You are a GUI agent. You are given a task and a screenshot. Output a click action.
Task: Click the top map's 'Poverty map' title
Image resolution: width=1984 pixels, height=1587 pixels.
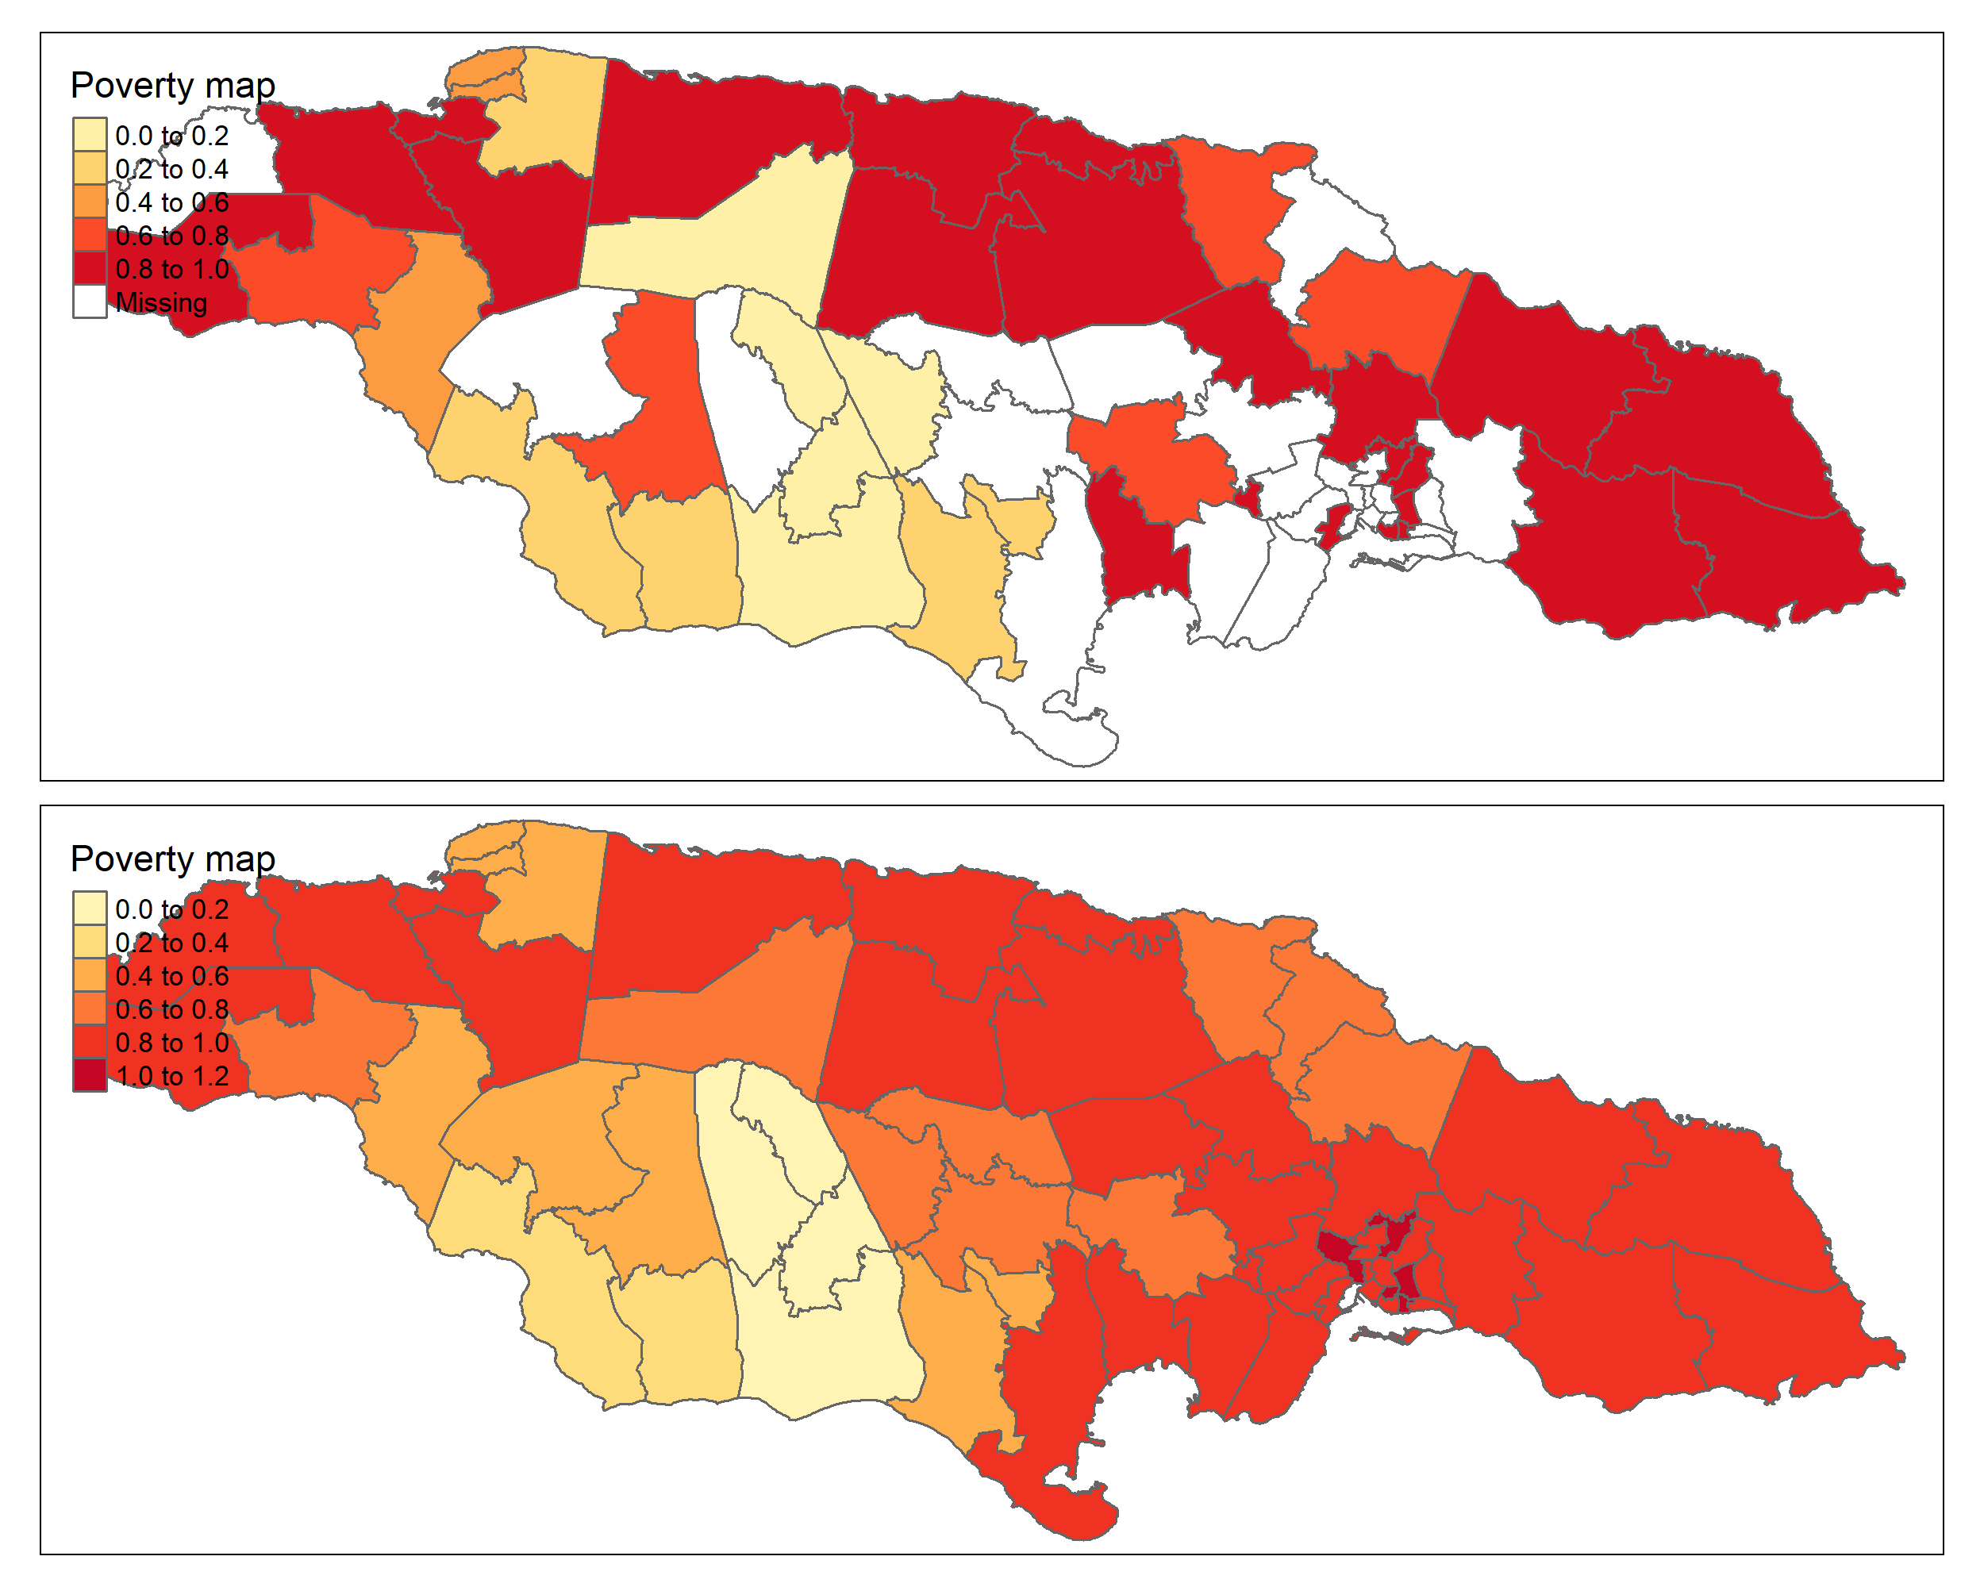point(172,85)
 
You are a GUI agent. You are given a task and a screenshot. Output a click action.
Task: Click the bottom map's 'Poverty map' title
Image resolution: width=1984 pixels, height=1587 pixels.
point(172,859)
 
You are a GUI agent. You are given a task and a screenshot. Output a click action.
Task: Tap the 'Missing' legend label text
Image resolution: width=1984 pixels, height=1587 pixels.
point(161,302)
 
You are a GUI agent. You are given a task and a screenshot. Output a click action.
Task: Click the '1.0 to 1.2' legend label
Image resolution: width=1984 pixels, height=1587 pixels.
point(172,1075)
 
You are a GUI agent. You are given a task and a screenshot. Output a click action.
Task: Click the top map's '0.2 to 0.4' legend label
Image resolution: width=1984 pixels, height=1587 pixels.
point(172,169)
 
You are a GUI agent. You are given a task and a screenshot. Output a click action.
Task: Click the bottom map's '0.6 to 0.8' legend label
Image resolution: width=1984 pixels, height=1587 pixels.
point(172,1009)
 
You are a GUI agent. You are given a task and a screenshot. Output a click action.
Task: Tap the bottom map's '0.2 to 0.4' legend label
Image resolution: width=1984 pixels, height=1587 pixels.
point(172,942)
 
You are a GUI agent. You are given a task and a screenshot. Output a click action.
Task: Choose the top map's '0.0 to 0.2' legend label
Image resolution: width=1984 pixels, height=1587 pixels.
point(172,135)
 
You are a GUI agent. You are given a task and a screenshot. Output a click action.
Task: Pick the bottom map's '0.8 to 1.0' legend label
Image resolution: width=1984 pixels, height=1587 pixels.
point(172,1043)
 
